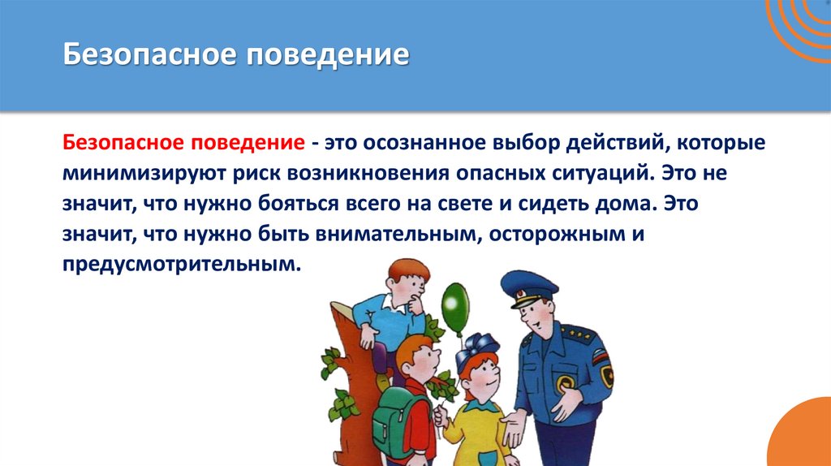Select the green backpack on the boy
point(393,414)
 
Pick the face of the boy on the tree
point(407,286)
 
